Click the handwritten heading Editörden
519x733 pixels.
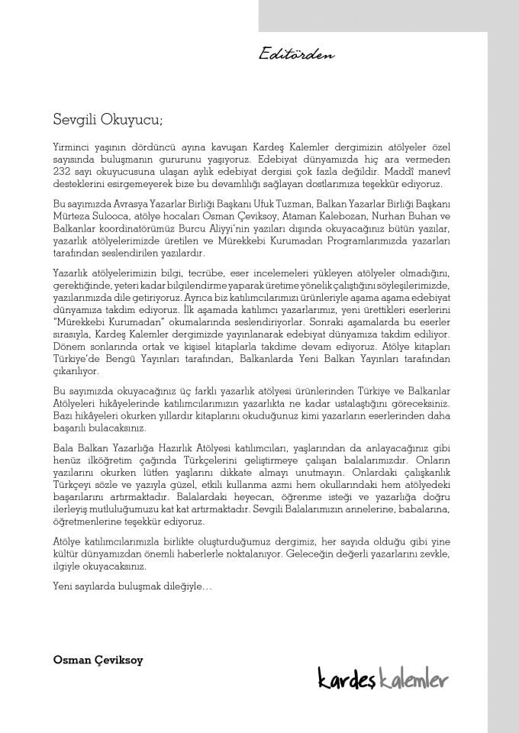[297, 54]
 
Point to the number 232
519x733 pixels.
[63, 173]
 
